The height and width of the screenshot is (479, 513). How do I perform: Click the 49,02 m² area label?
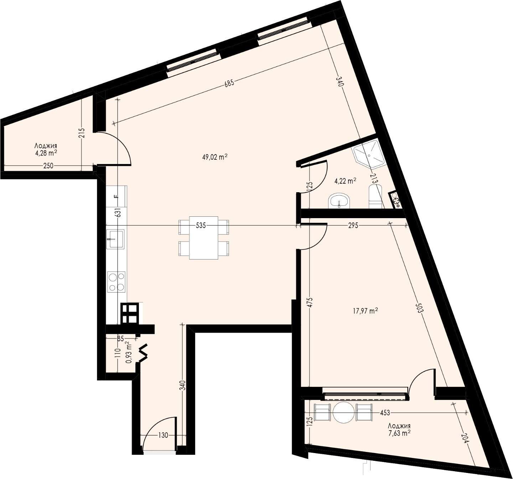pos(215,157)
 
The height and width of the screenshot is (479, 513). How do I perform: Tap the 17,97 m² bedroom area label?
pos(366,311)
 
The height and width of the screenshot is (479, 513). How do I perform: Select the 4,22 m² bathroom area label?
pos(345,181)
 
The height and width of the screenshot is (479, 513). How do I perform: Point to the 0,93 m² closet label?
pos(128,352)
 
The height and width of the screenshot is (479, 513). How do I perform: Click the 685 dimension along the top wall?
pos(229,84)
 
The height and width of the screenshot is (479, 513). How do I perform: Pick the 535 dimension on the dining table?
pos(201,226)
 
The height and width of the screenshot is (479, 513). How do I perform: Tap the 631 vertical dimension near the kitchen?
pos(119,213)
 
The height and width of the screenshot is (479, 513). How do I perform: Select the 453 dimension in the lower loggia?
pos(385,413)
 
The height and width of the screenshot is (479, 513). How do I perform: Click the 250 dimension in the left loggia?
pos(48,166)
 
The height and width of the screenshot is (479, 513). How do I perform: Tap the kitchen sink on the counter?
pos(115,239)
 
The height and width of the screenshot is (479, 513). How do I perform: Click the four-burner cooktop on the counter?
pos(116,282)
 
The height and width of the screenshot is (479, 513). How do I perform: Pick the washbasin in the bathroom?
pos(339,201)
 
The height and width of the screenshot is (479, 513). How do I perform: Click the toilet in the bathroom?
pos(375,198)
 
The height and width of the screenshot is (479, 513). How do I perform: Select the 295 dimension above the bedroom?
pos(353,226)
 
